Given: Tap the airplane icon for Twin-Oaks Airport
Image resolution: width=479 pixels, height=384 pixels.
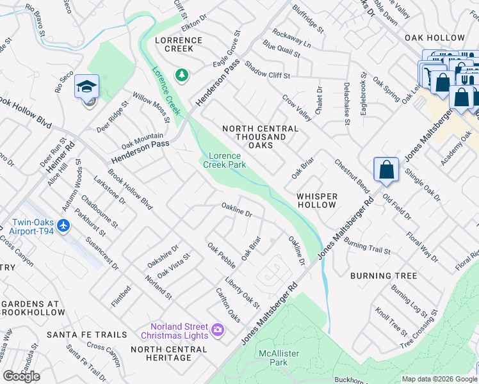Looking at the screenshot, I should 63,226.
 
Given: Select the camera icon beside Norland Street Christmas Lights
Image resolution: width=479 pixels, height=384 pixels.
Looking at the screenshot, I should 218,330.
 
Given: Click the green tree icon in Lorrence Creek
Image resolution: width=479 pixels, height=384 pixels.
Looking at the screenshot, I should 183,76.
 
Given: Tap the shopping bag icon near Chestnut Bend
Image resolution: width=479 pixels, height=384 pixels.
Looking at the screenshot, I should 387,170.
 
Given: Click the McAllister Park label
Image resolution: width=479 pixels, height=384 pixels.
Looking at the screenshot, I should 279,358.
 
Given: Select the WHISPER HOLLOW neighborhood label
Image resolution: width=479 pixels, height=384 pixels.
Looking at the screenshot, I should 316,200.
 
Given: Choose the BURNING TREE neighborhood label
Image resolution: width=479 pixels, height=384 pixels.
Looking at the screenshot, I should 384,276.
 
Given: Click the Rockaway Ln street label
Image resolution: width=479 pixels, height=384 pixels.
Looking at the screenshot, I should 291,38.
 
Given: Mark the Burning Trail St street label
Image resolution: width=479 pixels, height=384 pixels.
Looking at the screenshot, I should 366,246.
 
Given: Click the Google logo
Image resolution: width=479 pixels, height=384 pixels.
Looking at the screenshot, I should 21,376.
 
